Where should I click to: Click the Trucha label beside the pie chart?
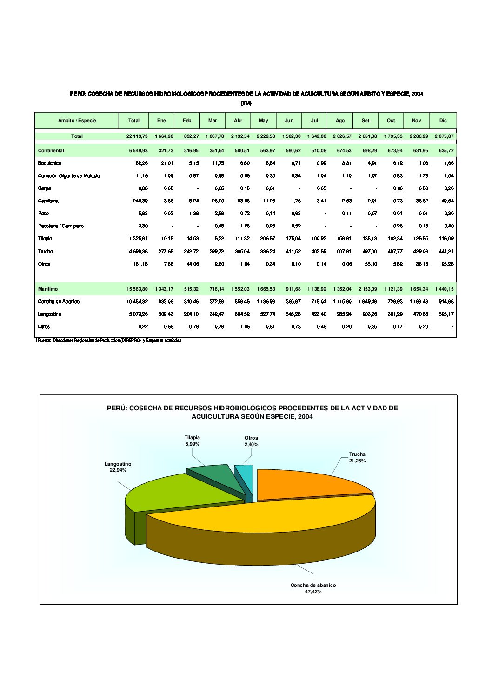click(357, 457)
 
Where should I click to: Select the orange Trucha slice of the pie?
click(307, 483)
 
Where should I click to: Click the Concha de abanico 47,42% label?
click(313, 588)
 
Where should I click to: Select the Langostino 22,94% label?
click(118, 467)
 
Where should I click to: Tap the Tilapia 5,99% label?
click(192, 441)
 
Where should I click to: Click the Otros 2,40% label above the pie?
click(251, 441)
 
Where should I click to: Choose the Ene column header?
click(161, 121)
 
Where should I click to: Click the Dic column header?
click(443, 121)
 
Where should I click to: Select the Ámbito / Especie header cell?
click(77, 121)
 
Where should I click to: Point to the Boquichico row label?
click(50, 163)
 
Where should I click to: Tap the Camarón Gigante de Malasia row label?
click(69, 176)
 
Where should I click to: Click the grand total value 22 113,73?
click(137, 136)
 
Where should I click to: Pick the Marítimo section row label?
click(48, 289)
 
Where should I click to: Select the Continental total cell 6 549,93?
click(138, 151)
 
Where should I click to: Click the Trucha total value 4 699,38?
click(138, 252)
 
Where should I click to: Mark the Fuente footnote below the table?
click(109, 340)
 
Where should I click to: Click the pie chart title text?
click(252, 412)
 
